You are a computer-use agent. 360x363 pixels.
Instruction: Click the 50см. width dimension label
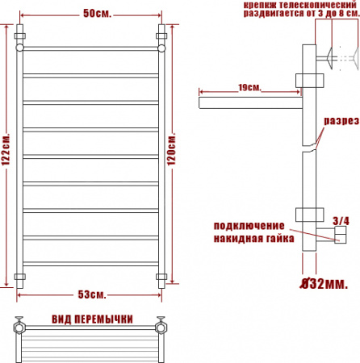click(97, 14)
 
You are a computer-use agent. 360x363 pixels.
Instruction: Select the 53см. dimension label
click(92, 294)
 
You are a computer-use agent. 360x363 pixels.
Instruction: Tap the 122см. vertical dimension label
click(6, 149)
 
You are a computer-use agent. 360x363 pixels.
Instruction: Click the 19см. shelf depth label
click(249, 88)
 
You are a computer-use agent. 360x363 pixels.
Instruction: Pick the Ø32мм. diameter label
click(324, 284)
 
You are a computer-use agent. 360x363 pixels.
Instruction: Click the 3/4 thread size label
click(341, 221)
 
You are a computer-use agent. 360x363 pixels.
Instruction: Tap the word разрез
click(341, 121)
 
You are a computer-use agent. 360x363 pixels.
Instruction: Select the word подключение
click(249, 226)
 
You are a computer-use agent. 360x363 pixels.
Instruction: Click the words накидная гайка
click(253, 239)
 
